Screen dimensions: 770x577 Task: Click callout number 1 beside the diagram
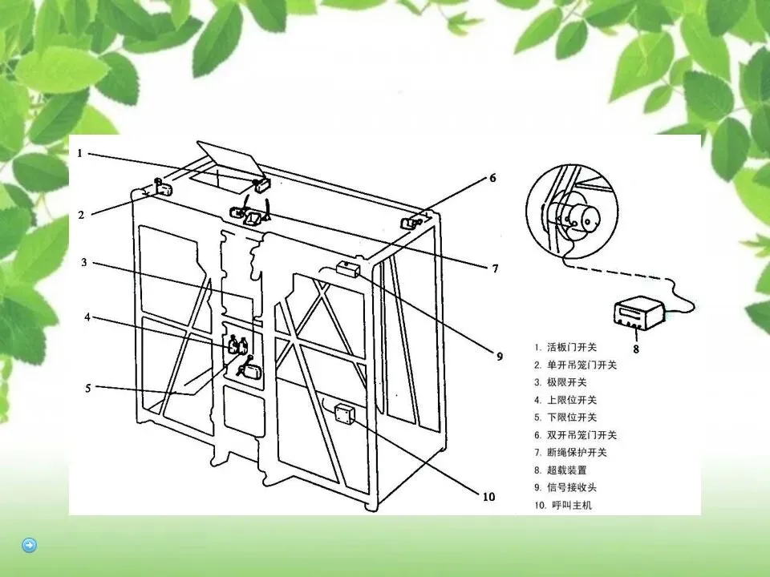[79, 154]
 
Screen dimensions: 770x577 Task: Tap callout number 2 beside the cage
[81, 214]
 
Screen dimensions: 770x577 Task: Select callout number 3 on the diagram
[83, 262]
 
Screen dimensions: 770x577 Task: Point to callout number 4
[87, 317]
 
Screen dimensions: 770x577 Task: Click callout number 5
[88, 389]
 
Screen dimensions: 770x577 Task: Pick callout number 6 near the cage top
[492, 179]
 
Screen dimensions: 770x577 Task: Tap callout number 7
[495, 268]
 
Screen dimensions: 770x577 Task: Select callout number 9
[498, 355]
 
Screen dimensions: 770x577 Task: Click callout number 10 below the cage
[488, 496]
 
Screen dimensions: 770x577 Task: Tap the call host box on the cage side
[344, 414]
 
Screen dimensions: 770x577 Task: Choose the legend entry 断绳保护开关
[576, 453]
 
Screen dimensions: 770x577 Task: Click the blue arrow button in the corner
[29, 546]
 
